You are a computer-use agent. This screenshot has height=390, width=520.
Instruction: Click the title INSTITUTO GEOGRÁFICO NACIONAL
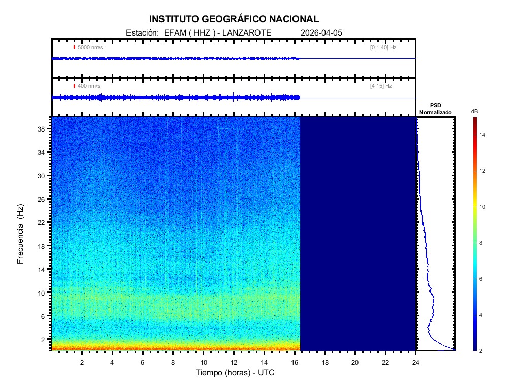point(234,19)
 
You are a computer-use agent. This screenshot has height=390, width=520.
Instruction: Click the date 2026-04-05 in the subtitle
point(321,32)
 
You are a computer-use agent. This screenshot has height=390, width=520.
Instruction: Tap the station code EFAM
point(173,32)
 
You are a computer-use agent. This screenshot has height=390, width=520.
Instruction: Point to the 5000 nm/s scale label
point(90,47)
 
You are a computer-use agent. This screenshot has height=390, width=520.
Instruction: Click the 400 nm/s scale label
point(88,86)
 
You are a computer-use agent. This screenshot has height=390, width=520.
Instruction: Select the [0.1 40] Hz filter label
point(383,47)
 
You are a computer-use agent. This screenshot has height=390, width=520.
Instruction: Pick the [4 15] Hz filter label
point(381,86)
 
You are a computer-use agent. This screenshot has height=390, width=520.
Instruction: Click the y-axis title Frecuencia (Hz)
point(21,234)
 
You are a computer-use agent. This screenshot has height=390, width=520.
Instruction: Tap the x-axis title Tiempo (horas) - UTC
point(235,373)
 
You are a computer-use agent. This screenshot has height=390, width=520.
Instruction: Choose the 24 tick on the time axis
point(416,362)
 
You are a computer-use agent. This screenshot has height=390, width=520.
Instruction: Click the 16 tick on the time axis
point(295,362)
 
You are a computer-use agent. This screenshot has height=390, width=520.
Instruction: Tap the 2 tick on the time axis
point(82,362)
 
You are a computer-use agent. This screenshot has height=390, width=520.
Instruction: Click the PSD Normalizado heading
point(435,109)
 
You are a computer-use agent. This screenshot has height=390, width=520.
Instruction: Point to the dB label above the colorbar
point(474,111)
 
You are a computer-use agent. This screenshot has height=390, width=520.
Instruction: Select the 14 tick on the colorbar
point(484,135)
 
